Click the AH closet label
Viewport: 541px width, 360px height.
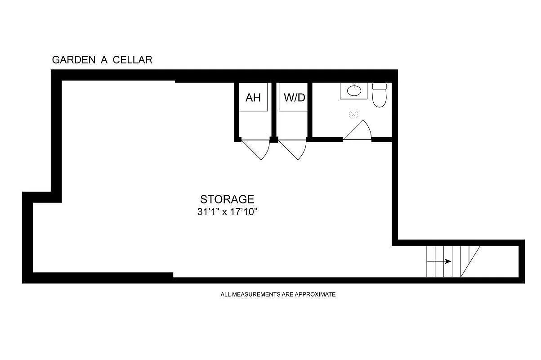click(x=253, y=98)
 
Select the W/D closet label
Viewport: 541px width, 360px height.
click(x=294, y=98)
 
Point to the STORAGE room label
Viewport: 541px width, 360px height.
click(x=227, y=199)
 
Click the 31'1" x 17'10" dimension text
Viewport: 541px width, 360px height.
click(x=227, y=211)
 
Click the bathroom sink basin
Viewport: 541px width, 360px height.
click(x=354, y=91)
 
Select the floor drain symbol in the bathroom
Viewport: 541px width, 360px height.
click(x=353, y=114)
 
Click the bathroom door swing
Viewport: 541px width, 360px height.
click(x=360, y=131)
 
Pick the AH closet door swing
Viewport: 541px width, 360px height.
click(x=256, y=148)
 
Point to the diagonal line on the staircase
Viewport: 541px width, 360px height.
click(x=470, y=261)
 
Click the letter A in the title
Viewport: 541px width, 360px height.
click(x=104, y=60)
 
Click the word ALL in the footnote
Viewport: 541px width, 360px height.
click(x=225, y=295)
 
